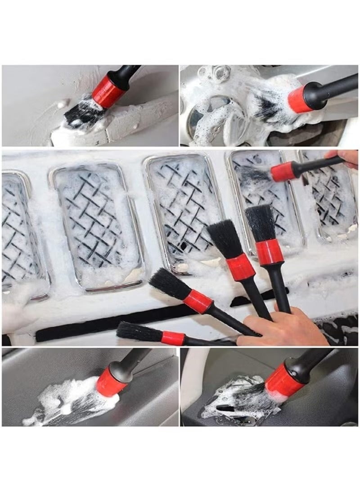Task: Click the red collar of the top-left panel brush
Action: click(108, 91)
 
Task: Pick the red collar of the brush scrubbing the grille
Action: click(282, 172)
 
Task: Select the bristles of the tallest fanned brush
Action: click(261, 223)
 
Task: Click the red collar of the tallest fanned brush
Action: click(269, 252)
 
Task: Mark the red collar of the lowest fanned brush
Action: click(173, 338)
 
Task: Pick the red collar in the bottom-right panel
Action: click(283, 381)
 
